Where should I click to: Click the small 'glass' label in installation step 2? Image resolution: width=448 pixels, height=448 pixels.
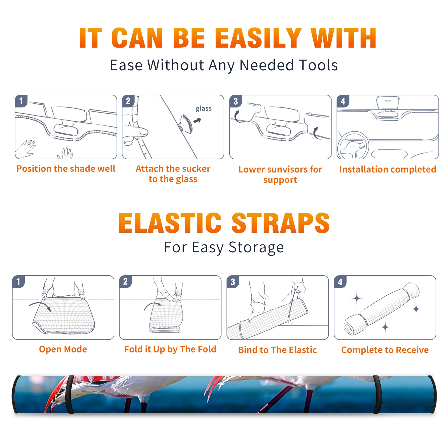[204, 108]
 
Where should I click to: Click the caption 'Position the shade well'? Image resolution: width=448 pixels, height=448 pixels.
[66, 169]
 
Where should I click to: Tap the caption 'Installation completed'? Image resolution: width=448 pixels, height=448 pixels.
[388, 169]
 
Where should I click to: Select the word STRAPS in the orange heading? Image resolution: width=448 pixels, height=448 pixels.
[281, 223]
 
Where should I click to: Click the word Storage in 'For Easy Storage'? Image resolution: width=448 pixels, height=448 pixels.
[256, 248]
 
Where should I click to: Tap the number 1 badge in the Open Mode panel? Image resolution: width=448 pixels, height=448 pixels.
[18, 281]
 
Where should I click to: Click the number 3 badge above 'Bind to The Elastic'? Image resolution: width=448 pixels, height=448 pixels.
[233, 282]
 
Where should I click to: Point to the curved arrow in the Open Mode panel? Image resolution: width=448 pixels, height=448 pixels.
[40, 306]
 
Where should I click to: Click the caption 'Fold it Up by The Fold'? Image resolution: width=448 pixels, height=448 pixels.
[170, 349]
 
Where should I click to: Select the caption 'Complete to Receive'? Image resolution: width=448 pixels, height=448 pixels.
[385, 350]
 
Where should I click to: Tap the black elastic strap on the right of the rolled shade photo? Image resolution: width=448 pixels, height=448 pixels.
[377, 394]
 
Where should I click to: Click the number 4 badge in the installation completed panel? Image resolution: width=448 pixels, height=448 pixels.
[343, 101]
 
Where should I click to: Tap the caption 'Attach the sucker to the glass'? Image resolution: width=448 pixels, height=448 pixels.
[173, 174]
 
